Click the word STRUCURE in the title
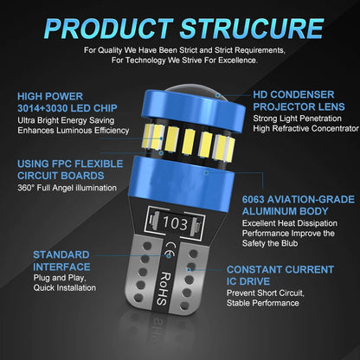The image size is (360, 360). point(252,29)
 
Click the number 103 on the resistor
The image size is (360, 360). point(175,223)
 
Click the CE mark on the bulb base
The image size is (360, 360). point(169,250)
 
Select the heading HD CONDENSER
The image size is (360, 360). point(293,94)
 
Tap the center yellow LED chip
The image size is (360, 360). point(189,141)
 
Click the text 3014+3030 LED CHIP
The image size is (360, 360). point(67,108)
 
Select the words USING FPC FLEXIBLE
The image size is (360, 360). point(70,164)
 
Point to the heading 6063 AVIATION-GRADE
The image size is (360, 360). point(299,200)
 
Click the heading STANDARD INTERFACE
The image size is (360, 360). point(61,260)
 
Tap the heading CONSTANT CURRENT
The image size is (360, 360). point(280,270)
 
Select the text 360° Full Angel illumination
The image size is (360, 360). point(67,188)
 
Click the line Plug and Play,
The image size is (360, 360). point(60,278)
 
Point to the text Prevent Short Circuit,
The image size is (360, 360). point(266,293)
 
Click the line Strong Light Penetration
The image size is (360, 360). point(297,119)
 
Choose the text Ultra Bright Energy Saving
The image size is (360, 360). point(66,120)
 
